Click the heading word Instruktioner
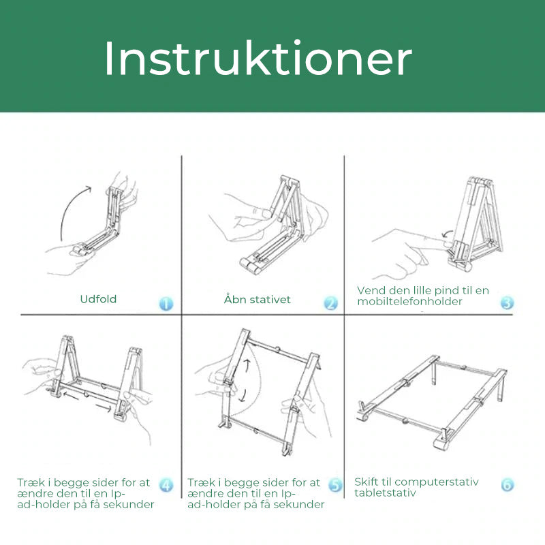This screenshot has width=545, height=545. [258, 59]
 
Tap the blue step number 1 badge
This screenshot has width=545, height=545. [166, 303]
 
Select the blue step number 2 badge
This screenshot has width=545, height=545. [330, 303]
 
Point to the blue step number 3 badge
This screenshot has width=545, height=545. [507, 302]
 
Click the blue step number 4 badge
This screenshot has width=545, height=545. [166, 485]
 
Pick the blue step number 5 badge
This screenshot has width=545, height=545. [335, 485]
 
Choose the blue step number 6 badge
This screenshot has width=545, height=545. [507, 485]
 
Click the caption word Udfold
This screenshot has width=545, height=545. [98, 299]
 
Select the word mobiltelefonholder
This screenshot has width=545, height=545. [410, 301]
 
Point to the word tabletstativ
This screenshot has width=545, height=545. [385, 493]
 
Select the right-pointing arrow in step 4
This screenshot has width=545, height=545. [104, 407]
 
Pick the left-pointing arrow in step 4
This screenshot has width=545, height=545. [61, 394]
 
